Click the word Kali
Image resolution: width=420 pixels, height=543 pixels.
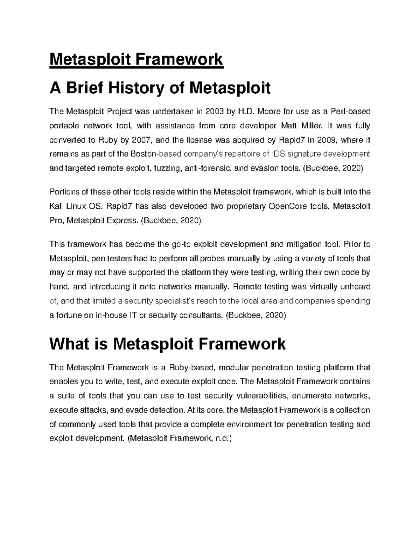click(x=57, y=206)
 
